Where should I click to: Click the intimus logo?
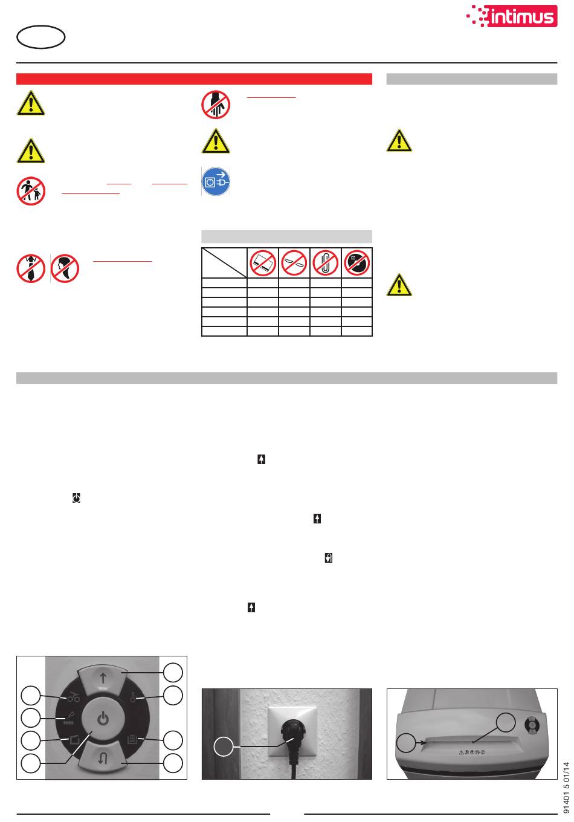511,16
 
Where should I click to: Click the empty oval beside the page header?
40,37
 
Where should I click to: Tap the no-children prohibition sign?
31,191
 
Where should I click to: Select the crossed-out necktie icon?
31,268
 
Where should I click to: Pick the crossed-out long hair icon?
65,268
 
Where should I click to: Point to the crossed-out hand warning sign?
216,105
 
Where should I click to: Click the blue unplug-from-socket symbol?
216,181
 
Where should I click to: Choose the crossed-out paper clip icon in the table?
325,263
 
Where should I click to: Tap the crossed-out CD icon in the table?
357,263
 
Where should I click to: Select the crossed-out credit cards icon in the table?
263,263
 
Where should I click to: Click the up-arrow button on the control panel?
103,679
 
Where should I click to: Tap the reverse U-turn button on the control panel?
103,757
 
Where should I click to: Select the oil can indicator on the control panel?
73,696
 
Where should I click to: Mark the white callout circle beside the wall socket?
224,746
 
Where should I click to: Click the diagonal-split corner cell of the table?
224,263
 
